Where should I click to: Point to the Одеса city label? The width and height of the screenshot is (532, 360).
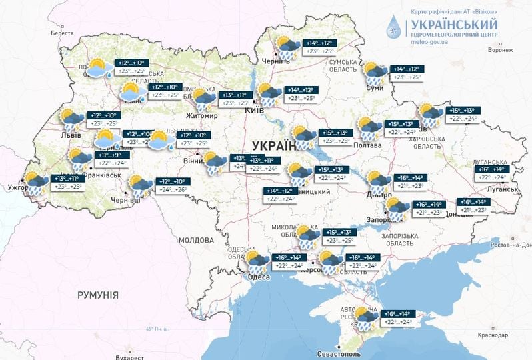258,277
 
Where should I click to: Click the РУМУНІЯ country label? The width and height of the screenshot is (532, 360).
97,294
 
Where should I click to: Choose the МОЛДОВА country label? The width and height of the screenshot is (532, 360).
196,239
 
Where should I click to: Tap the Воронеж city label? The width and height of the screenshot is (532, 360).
500,50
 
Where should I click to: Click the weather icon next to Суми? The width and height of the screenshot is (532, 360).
375,73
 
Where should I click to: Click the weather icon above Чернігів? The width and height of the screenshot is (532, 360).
288,47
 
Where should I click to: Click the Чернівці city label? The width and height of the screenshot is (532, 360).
125,199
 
